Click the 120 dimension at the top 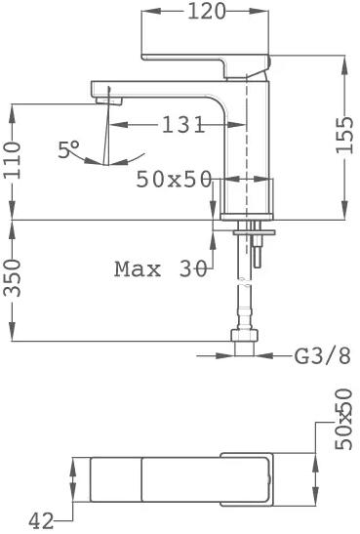[x=207, y=12]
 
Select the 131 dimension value [x=183, y=125]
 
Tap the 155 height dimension [x=345, y=135]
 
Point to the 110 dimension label [x=13, y=160]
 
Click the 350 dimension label [x=13, y=277]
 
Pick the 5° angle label [x=68, y=149]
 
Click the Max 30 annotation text [x=161, y=269]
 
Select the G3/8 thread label [x=322, y=356]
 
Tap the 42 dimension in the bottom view [x=41, y=520]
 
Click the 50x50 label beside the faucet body [x=174, y=179]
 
